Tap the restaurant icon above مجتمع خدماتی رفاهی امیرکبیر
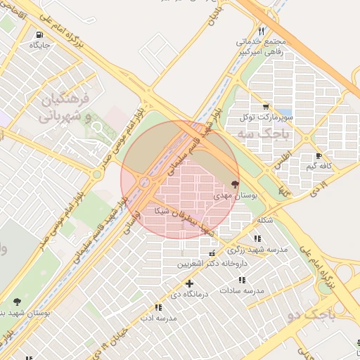(262, 31)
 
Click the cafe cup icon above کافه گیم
(319, 156)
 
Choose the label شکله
(265, 219)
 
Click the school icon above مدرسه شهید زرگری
(257, 239)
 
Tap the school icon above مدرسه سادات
(242, 280)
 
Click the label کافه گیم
(320, 167)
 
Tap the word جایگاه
(39, 45)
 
